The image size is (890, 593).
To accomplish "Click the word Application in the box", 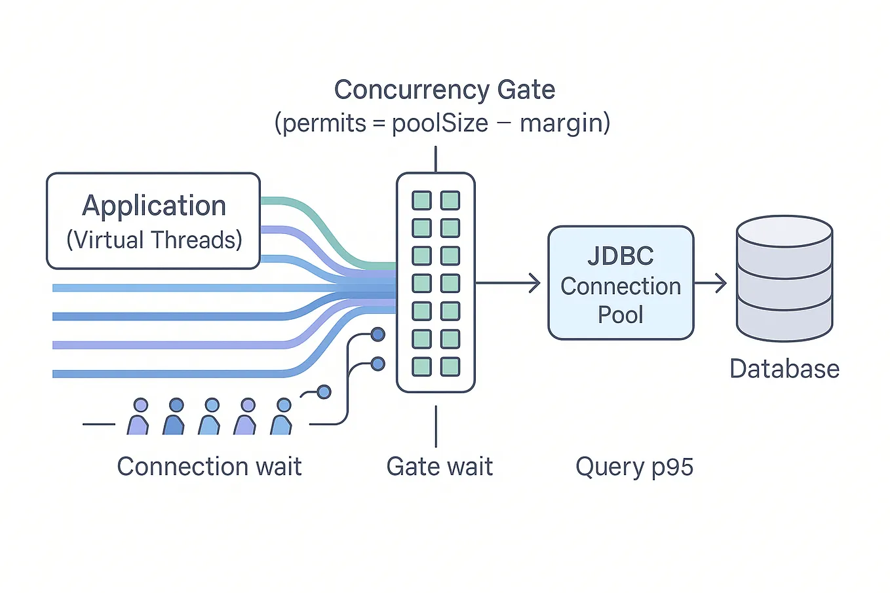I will coord(154,206).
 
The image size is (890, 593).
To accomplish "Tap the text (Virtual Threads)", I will coord(154,240).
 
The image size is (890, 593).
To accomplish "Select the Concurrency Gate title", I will coord(444,90).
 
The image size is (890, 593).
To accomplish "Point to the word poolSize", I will coord(440,123).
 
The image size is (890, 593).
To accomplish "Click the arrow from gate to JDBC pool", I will coord(508,283).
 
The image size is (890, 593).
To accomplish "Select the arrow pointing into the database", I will coord(711,283).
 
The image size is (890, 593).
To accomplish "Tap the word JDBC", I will coord(620,256).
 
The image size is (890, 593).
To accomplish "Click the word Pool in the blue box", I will coord(620,315).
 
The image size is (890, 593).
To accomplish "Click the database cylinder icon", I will coord(784,278).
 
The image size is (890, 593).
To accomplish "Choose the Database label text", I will coord(784,369).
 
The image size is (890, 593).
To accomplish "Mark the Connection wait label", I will coord(209,467).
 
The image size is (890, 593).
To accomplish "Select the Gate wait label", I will coord(439,467).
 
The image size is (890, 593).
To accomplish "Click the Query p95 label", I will coord(634,467).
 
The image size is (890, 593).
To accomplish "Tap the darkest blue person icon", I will coord(174,418).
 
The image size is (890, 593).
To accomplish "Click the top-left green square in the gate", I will coord(421,201).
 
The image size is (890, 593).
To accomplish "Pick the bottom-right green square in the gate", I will coord(450,366).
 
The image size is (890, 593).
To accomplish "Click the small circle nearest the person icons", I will coord(324,392).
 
